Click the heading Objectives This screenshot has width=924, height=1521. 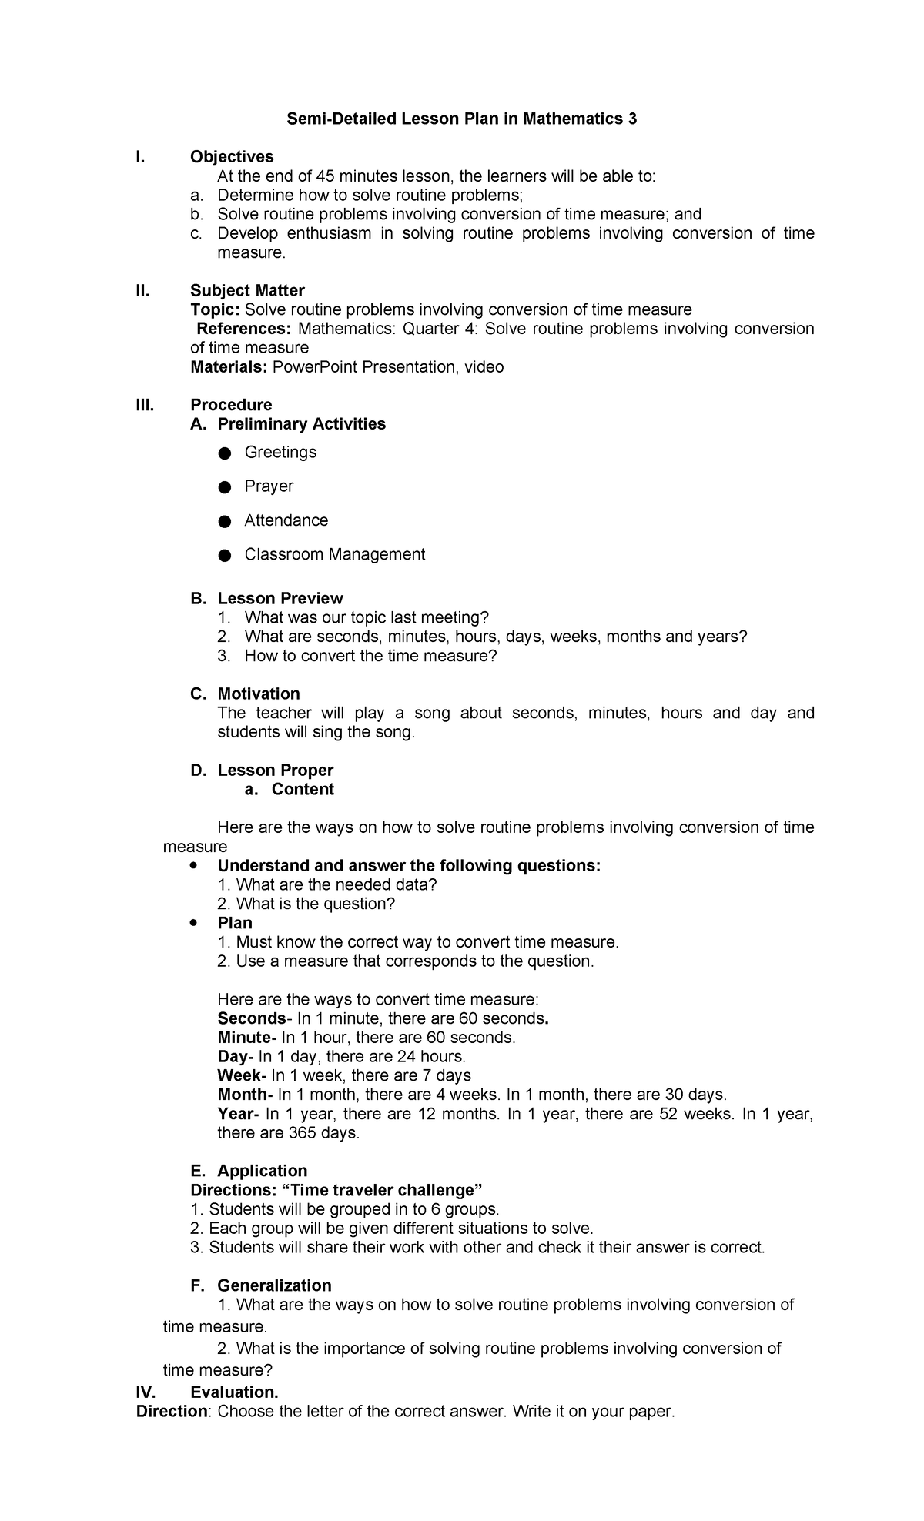(232, 157)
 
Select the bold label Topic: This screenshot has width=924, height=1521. (215, 309)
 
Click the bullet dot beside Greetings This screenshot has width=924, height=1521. (224, 453)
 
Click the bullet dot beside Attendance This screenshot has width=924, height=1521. (224, 522)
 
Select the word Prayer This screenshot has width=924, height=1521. (269, 486)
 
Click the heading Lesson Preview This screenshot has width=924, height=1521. (280, 598)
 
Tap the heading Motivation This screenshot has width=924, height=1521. (259, 694)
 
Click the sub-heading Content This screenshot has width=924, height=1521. (303, 789)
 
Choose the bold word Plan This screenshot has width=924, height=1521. (235, 923)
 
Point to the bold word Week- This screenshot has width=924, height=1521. (242, 1075)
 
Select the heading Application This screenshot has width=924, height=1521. (262, 1171)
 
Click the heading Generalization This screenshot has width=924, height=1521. (274, 1285)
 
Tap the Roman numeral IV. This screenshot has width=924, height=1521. (146, 1392)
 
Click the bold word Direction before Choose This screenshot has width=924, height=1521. (172, 1412)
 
